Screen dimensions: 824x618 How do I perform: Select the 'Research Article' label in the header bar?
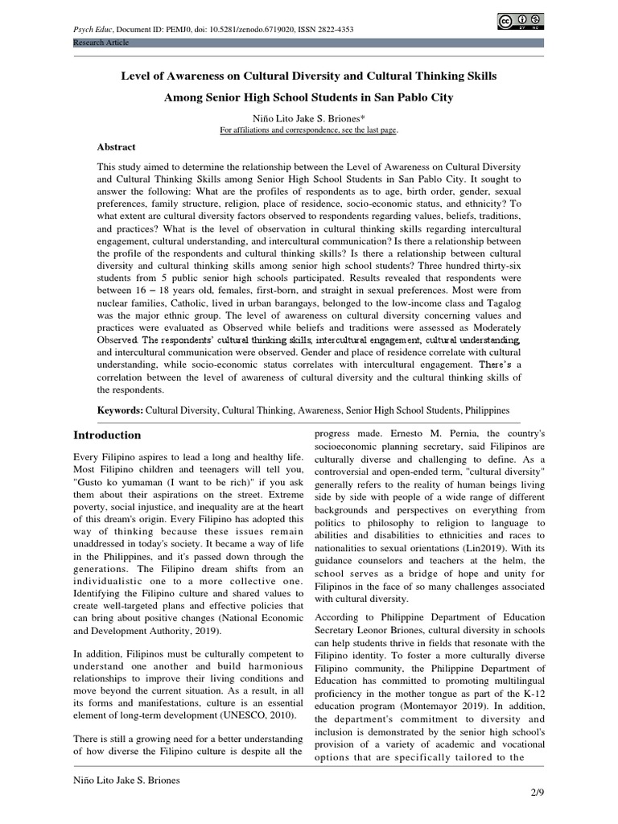[x=101, y=42]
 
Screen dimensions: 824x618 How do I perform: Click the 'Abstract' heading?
[x=117, y=147]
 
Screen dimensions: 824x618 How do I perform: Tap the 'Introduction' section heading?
[x=107, y=435]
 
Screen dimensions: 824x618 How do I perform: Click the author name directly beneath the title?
[x=309, y=117]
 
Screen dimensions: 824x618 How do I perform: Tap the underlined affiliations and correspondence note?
[x=309, y=130]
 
